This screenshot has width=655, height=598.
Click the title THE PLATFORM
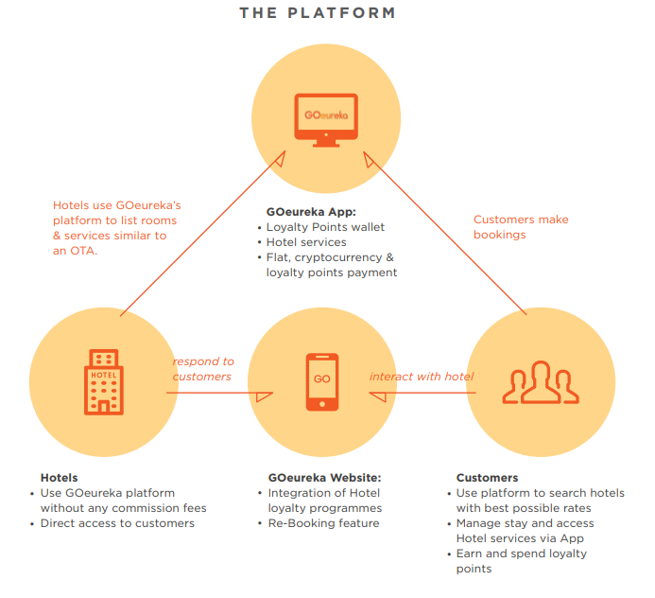click(317, 13)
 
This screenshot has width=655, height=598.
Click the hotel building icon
click(103, 380)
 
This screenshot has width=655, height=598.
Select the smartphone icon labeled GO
click(322, 381)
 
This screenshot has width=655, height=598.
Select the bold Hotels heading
click(59, 478)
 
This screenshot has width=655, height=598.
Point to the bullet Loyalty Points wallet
click(325, 227)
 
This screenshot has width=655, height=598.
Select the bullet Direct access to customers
click(117, 523)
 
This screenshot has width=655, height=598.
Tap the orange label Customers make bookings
click(520, 227)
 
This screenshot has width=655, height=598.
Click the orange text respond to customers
click(202, 369)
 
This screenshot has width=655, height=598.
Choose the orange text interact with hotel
click(421, 377)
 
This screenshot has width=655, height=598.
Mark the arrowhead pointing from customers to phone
click(376, 392)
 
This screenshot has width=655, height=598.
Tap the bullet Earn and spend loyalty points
click(521, 561)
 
